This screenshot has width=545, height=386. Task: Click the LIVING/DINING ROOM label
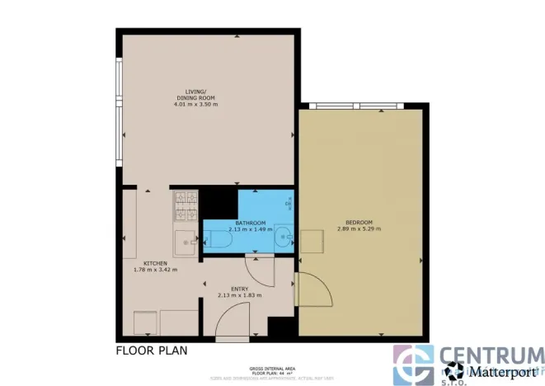(195, 95)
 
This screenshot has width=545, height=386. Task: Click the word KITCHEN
(155, 263)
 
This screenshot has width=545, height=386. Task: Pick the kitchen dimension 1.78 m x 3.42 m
(155, 270)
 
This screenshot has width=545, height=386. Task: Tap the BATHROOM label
(250, 224)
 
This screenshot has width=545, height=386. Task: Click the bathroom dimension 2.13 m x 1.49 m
(250, 230)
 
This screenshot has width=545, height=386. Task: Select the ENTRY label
(239, 288)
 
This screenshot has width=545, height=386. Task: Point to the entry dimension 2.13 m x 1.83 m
(239, 294)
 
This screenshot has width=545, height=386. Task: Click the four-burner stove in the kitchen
(185, 206)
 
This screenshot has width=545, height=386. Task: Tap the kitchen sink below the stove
(185, 242)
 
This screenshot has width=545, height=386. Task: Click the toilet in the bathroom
(220, 240)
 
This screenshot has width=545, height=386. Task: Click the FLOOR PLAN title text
(151, 350)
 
